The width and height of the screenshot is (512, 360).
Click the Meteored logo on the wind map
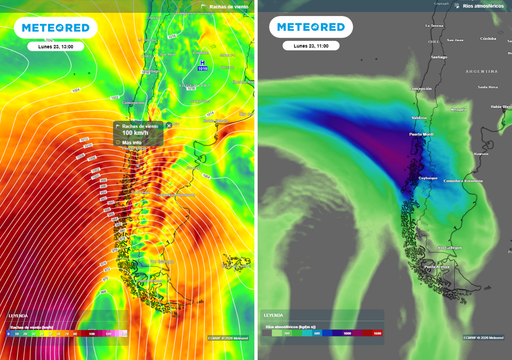point(56,28)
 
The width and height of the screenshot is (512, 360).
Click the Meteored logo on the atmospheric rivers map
point(312,27)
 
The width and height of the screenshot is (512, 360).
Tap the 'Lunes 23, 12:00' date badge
point(56,46)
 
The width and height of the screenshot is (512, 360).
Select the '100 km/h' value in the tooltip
point(133,132)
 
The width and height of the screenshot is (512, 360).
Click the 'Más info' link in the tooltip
point(132,143)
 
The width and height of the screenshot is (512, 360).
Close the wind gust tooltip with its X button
point(169,125)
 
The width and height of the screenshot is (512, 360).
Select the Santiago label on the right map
point(436,57)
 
